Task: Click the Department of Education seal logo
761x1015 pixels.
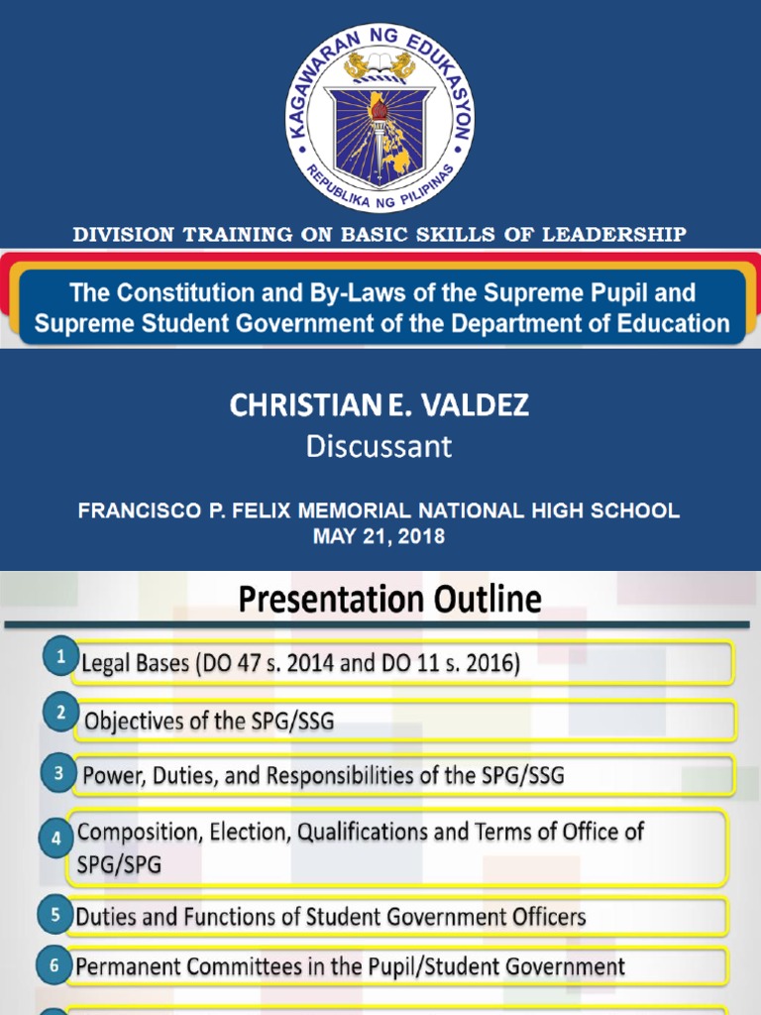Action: coord(380,118)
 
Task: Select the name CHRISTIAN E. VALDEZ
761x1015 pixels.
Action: coord(379,404)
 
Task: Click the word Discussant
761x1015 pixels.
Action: coord(379,447)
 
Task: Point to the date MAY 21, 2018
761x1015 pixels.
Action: coord(379,536)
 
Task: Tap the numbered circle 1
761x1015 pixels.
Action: coord(60,656)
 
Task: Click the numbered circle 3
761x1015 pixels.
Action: coord(60,775)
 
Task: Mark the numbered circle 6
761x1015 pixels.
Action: coord(54,963)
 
